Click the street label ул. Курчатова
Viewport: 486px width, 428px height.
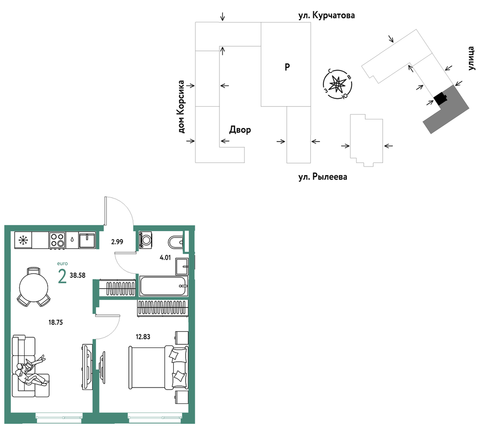point(326,15)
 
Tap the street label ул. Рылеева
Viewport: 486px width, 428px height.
point(323,177)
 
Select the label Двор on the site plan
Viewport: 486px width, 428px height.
point(240,130)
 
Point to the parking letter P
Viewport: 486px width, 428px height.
point(287,67)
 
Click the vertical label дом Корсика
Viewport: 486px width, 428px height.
point(182,107)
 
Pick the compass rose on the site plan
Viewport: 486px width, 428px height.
point(337,84)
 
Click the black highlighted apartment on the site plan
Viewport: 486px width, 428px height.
point(440,98)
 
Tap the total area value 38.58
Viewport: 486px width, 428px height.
point(77,275)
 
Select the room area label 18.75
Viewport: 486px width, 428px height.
point(56,322)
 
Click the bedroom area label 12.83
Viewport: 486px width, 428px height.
point(143,337)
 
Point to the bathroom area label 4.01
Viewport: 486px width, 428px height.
point(165,258)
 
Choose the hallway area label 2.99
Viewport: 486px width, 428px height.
point(117,242)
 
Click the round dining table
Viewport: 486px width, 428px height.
point(34,288)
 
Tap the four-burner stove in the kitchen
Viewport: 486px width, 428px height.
point(58,240)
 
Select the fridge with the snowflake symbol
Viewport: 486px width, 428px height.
point(23,240)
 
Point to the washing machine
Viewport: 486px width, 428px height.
point(146,240)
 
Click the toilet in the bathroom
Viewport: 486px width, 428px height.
point(176,242)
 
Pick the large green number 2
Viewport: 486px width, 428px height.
point(62,276)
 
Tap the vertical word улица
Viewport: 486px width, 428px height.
point(471,58)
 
